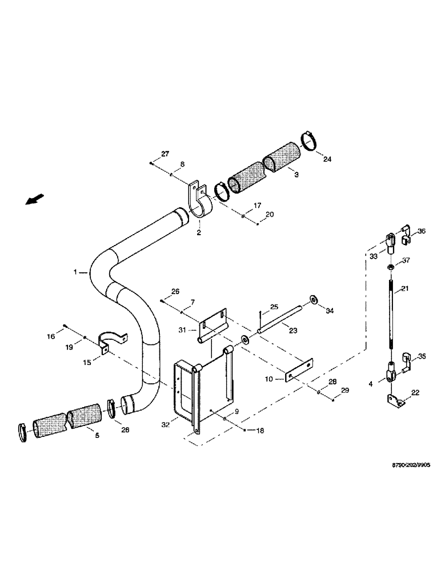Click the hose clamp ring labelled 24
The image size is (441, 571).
pos(310,140)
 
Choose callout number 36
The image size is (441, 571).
pos(422,231)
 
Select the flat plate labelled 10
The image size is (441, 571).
pos(299,370)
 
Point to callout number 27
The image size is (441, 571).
pos(165,154)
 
